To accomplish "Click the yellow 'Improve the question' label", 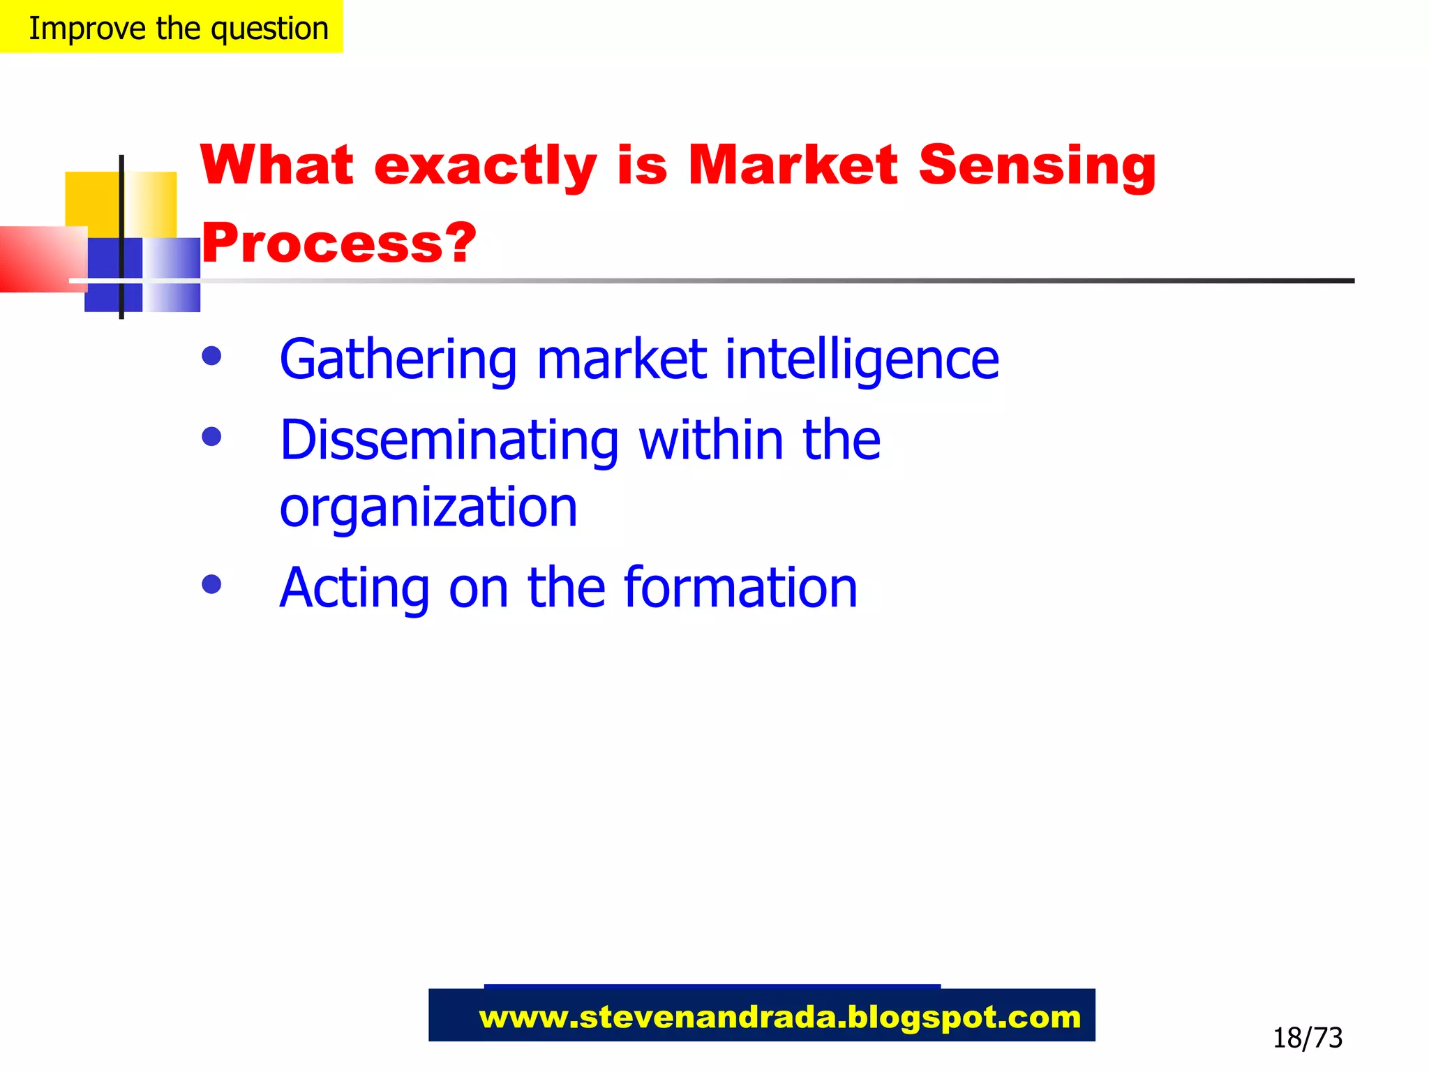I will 172,27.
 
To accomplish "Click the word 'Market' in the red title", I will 793,165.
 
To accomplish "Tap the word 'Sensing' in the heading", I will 1037,165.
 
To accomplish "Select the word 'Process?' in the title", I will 338,244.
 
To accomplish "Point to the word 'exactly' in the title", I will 485,165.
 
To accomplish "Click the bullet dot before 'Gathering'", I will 211,356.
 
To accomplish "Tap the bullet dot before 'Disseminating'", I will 211,437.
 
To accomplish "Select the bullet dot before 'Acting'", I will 211,584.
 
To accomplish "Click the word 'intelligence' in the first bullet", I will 862,359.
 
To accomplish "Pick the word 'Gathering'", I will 398,359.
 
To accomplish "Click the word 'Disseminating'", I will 449,440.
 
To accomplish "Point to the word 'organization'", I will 428,507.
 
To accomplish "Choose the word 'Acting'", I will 354,588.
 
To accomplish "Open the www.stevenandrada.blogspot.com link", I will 779,1017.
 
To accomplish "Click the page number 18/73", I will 1307,1038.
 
